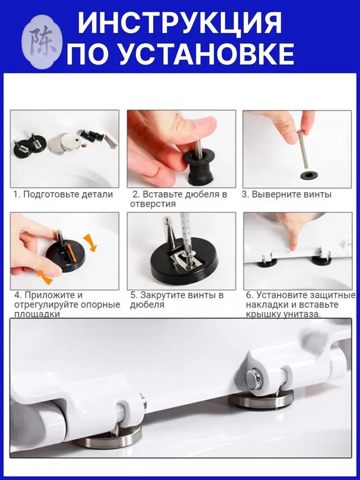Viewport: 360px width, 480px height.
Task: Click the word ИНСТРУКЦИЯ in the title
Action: point(180,23)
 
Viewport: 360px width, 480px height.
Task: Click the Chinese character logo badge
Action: point(42,42)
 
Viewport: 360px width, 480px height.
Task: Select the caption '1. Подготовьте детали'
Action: point(63,194)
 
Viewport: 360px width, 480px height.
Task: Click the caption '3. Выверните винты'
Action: point(287,194)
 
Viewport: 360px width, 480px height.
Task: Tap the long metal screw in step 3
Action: point(303,149)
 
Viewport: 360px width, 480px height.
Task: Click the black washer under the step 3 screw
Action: point(309,175)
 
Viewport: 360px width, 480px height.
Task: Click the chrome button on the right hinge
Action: point(254,380)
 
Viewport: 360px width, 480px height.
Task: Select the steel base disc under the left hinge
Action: point(108,436)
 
